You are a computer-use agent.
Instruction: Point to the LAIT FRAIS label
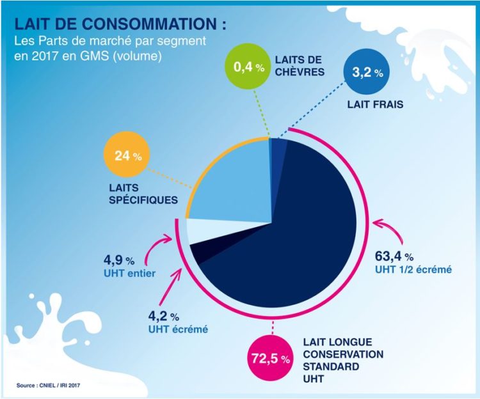375,104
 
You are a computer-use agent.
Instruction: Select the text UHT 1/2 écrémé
413,270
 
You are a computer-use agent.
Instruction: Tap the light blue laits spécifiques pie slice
224,185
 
